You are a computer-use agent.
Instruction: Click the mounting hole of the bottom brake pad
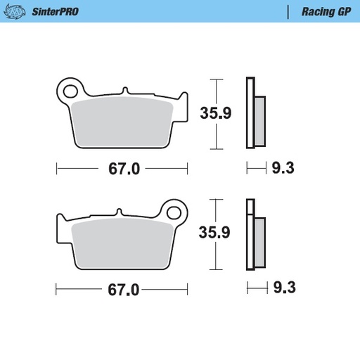174,210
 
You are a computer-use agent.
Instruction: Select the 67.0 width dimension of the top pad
122,169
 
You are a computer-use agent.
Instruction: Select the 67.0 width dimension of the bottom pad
122,289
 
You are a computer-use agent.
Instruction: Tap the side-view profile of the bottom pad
254,236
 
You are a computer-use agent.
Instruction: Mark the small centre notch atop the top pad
124,91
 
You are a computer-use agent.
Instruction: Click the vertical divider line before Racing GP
288,11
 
